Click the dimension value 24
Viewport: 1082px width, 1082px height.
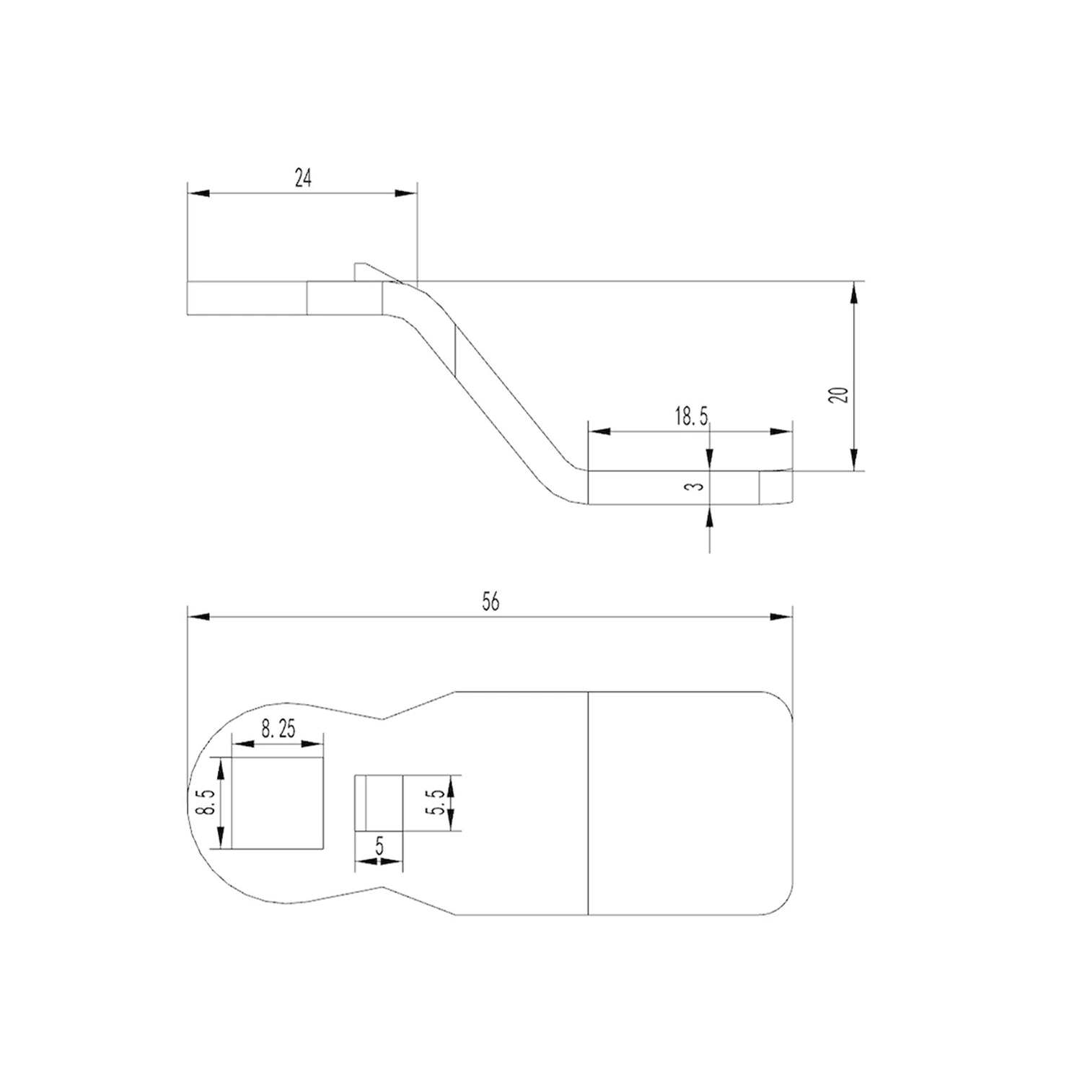[303, 178]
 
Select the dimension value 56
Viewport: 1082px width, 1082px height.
[491, 602]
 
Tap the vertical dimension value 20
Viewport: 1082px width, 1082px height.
[839, 395]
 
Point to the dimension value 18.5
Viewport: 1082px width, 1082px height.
[692, 416]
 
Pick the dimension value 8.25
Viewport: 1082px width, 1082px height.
[278, 729]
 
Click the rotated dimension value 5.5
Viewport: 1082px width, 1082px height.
[435, 802]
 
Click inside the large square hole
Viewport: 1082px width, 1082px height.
[278, 803]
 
